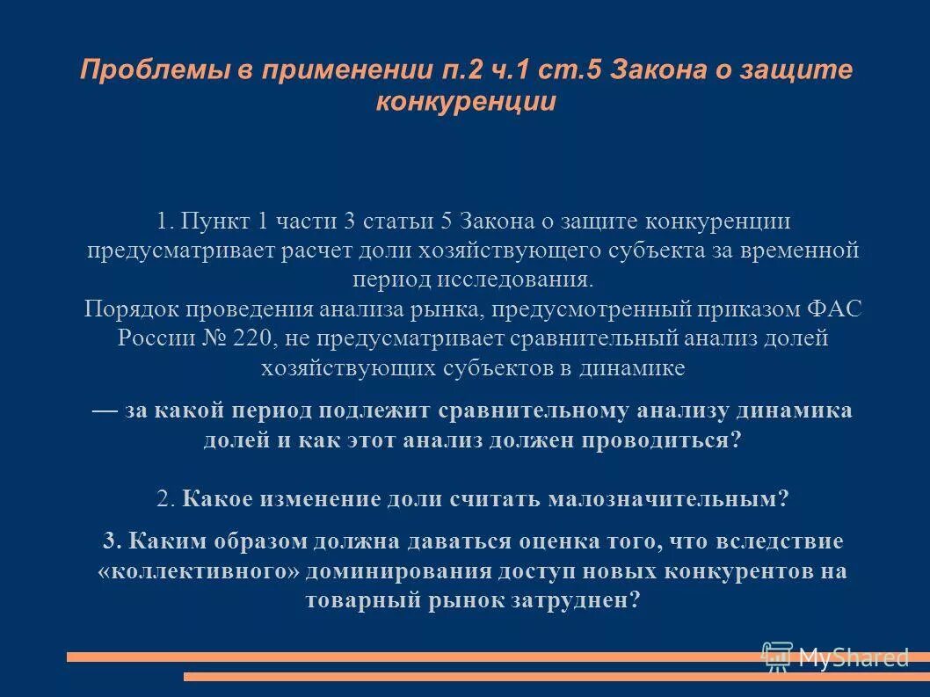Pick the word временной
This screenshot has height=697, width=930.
click(x=791, y=250)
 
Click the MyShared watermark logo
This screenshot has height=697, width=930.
click(x=835, y=656)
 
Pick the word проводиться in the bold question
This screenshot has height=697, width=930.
click(x=658, y=440)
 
